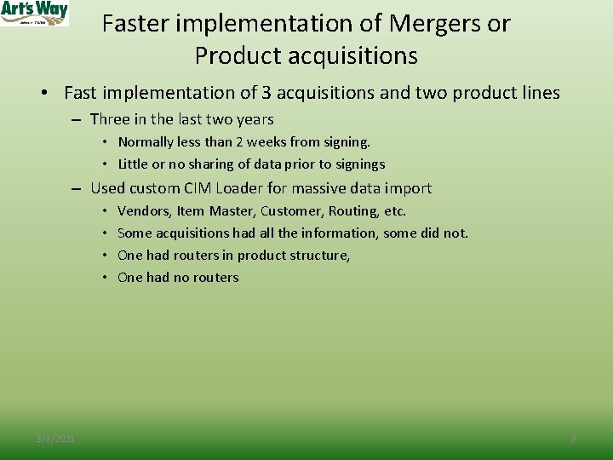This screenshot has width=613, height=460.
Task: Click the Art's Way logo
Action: [x=34, y=13]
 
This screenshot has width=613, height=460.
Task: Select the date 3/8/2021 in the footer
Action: [x=55, y=439]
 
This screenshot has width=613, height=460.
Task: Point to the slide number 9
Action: [x=573, y=439]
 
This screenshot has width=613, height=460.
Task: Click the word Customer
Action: [x=288, y=210]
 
